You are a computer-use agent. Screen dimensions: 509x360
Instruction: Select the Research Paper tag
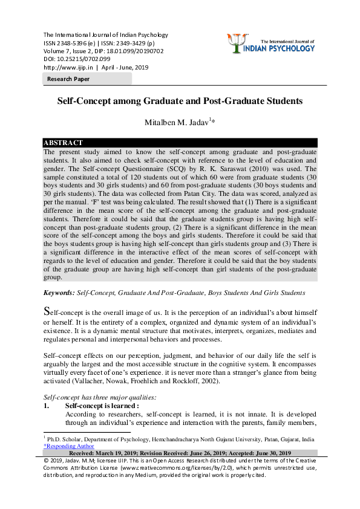[69, 79]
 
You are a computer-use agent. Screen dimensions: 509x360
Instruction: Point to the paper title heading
[180, 102]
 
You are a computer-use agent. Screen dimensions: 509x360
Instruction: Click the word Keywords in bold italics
[58, 293]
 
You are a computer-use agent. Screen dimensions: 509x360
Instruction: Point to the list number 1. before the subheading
[46, 406]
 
